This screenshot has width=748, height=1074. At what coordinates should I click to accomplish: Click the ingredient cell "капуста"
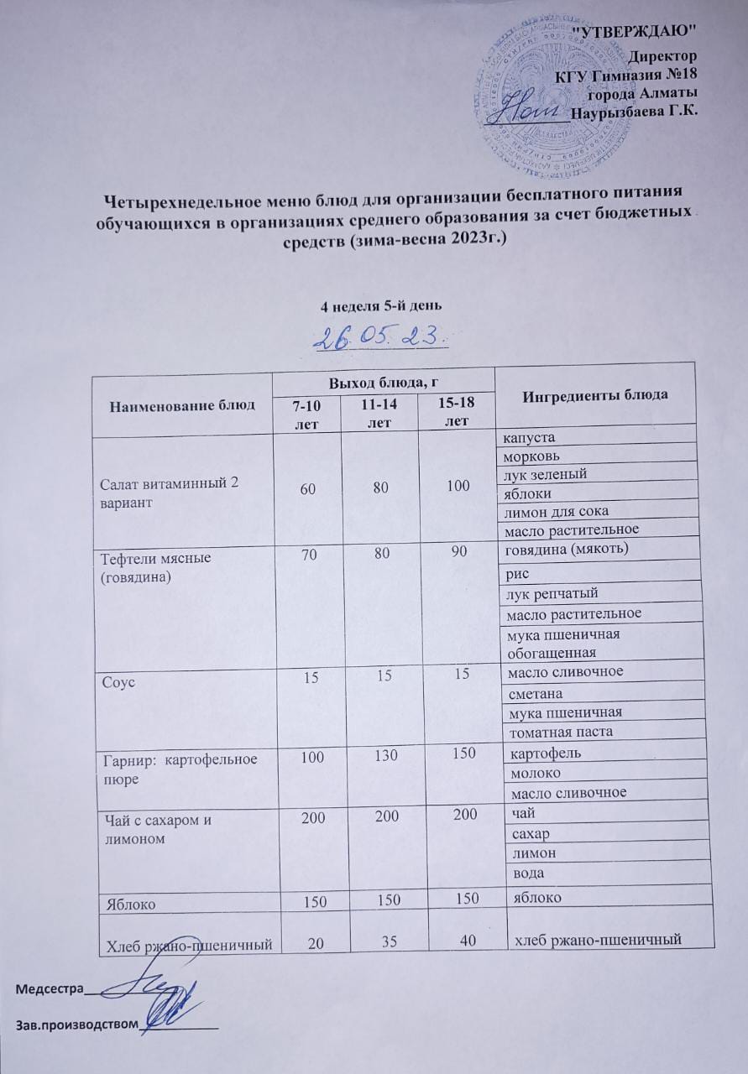[529, 438]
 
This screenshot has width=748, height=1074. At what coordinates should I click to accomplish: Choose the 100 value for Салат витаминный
[458, 485]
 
